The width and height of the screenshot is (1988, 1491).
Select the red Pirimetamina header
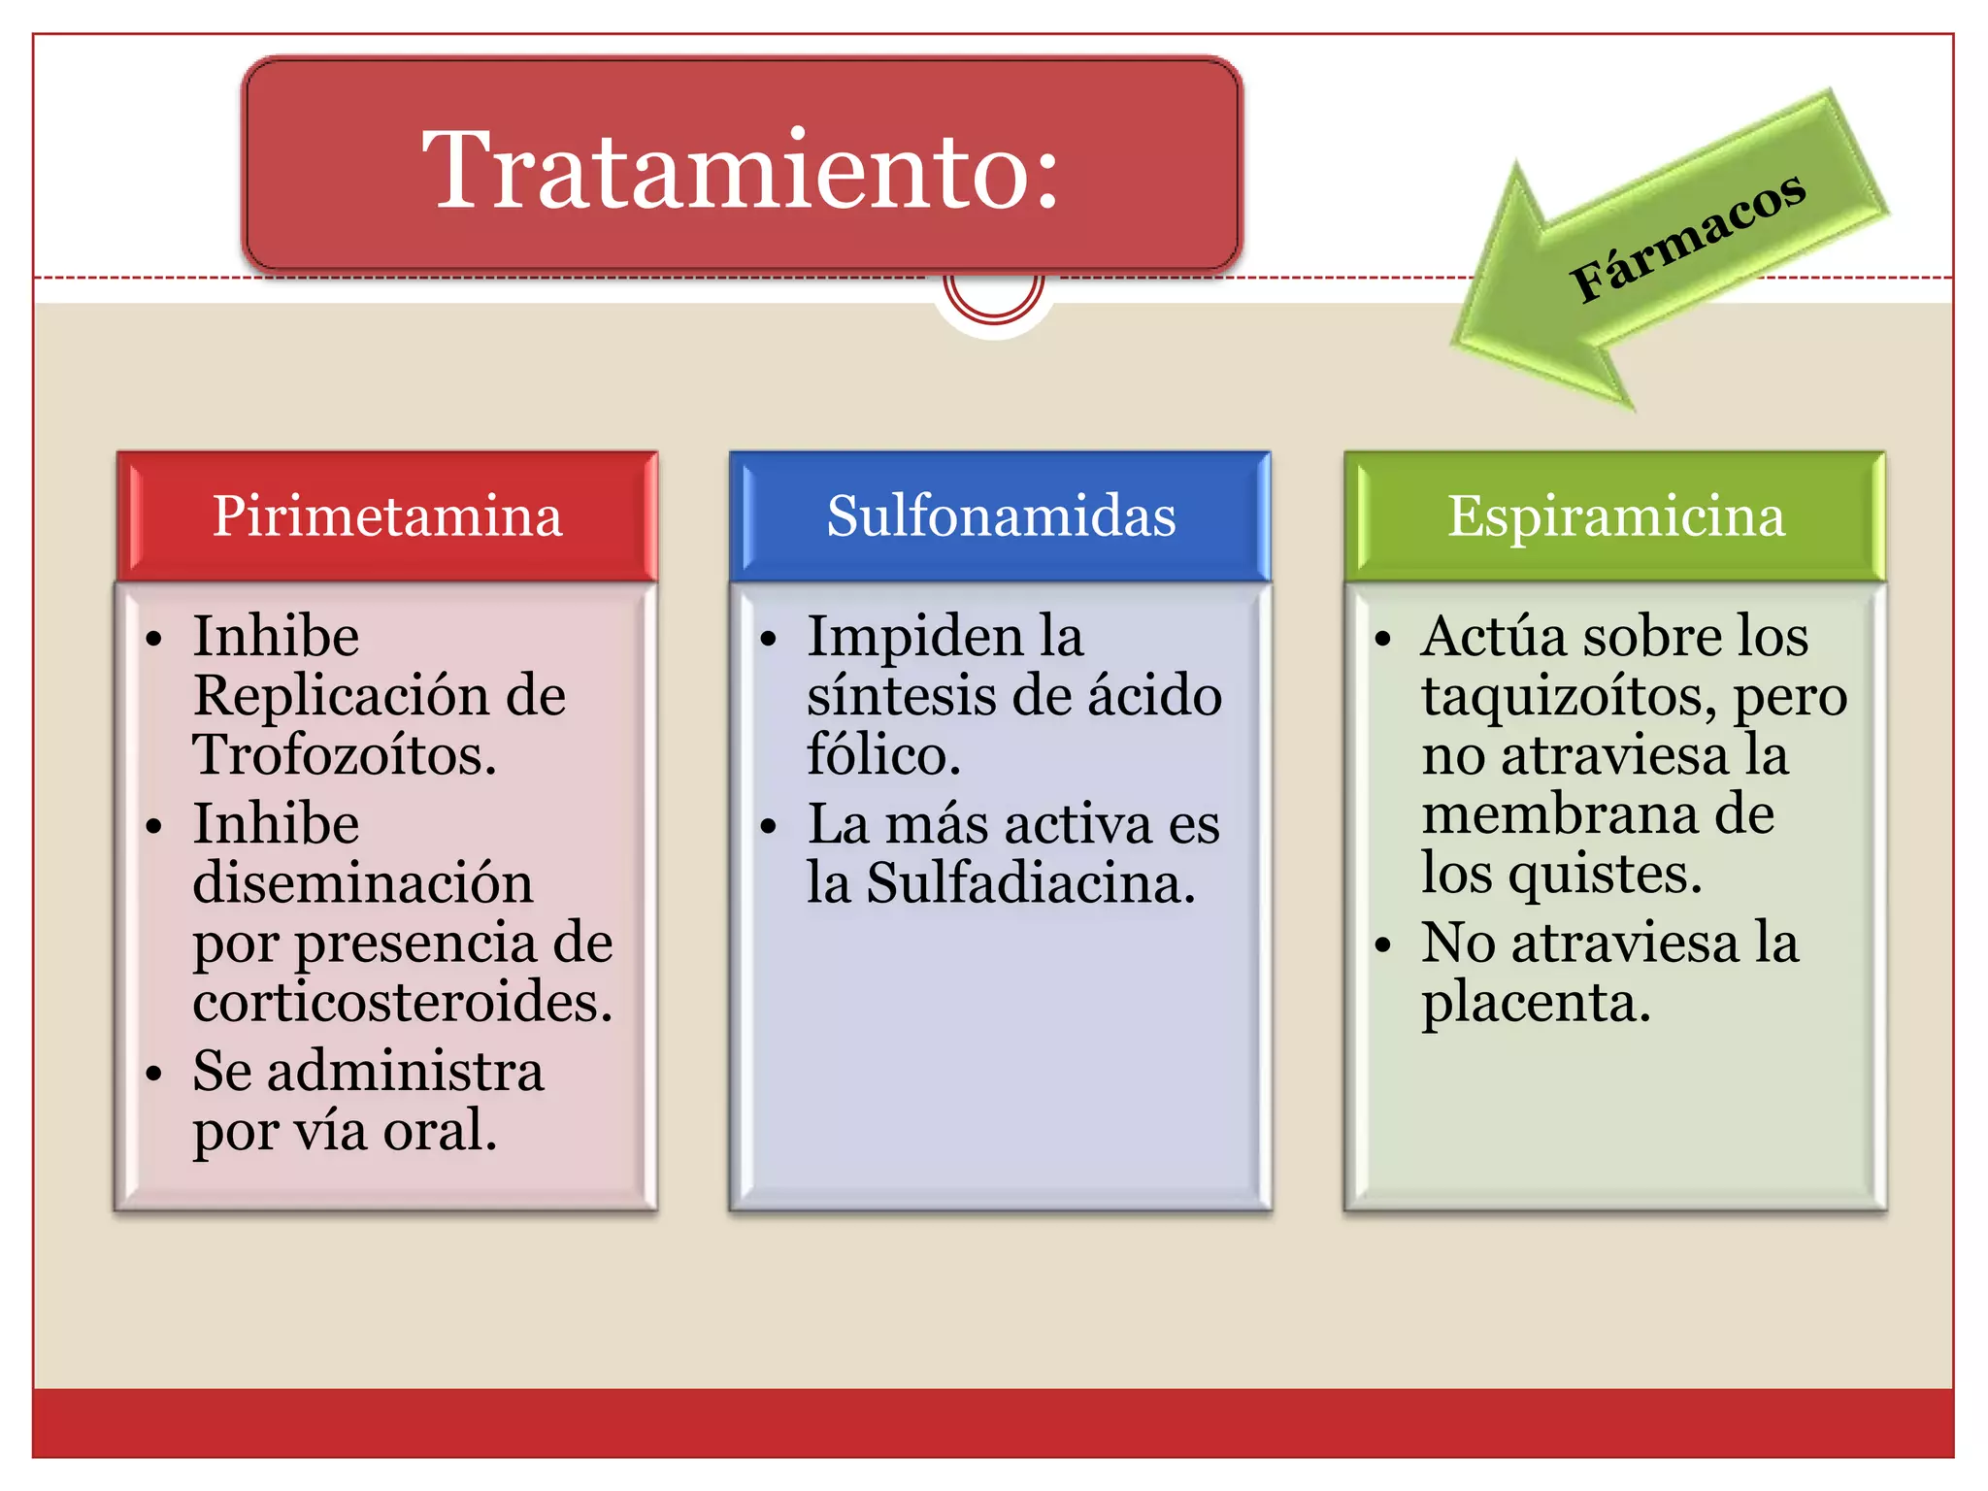point(387,515)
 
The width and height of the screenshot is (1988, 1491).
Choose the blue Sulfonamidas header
point(1001,515)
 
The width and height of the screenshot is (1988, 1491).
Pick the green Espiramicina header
point(1615,515)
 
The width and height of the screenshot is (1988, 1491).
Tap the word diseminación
point(363,882)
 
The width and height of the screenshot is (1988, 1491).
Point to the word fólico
point(883,754)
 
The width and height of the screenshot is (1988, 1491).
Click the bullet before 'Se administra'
point(153,1074)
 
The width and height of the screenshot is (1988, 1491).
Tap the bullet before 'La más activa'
point(769,827)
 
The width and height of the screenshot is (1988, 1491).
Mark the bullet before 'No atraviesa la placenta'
point(1383,944)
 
